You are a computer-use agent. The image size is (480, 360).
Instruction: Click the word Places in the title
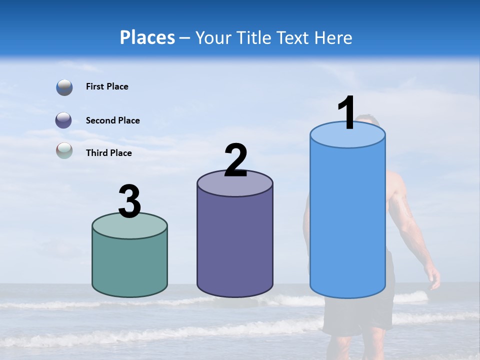(x=147, y=37)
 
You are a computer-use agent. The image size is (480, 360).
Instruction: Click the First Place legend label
(x=107, y=86)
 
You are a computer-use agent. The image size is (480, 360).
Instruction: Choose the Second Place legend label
(x=112, y=120)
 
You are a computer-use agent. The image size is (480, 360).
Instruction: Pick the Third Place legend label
(x=108, y=153)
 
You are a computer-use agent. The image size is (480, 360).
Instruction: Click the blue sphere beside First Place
(x=64, y=87)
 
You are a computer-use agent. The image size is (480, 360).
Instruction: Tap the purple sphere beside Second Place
(x=64, y=120)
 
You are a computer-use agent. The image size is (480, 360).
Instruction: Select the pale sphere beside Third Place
(x=64, y=150)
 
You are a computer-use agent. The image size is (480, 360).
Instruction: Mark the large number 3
(x=130, y=201)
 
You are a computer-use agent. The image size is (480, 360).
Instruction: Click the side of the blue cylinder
(x=347, y=220)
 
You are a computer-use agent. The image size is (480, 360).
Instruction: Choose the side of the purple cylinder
(x=235, y=245)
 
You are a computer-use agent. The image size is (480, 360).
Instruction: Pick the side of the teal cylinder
(x=130, y=265)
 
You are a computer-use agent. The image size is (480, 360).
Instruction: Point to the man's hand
(x=434, y=277)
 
